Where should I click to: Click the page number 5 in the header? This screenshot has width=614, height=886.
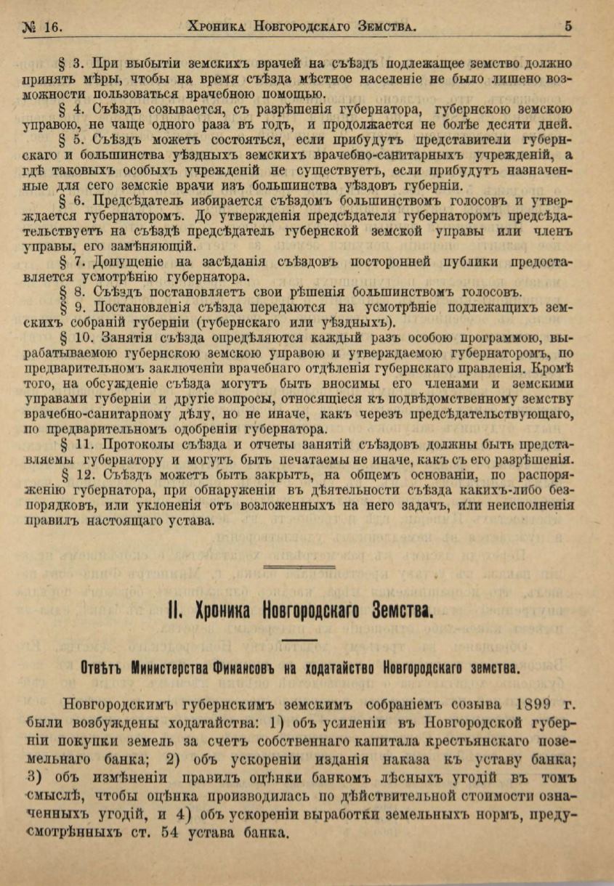coord(567,26)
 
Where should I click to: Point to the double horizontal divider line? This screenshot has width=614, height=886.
coord(299,566)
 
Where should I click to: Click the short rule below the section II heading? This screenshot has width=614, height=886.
coord(299,639)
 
